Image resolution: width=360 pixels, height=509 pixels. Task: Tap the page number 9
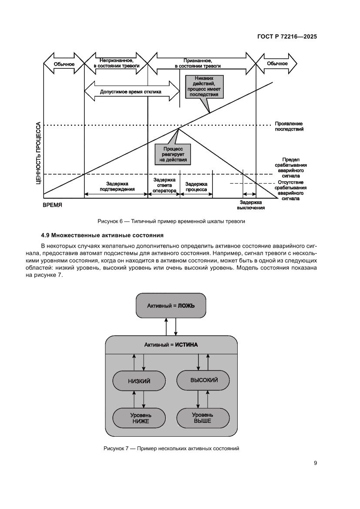(315, 463)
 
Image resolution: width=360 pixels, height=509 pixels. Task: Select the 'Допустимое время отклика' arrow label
(131, 92)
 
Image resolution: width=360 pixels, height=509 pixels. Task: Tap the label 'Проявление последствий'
(289, 126)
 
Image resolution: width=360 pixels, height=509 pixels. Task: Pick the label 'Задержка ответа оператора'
(164, 185)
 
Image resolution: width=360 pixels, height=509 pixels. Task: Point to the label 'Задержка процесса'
(196, 186)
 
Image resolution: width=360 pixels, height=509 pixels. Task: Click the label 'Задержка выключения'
(251, 205)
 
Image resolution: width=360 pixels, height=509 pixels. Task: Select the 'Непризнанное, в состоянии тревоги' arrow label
(116, 63)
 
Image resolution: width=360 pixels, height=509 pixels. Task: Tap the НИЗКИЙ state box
(139, 381)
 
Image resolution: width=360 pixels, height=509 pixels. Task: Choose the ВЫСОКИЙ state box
(204, 380)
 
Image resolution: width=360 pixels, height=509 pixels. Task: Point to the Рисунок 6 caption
(171, 221)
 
